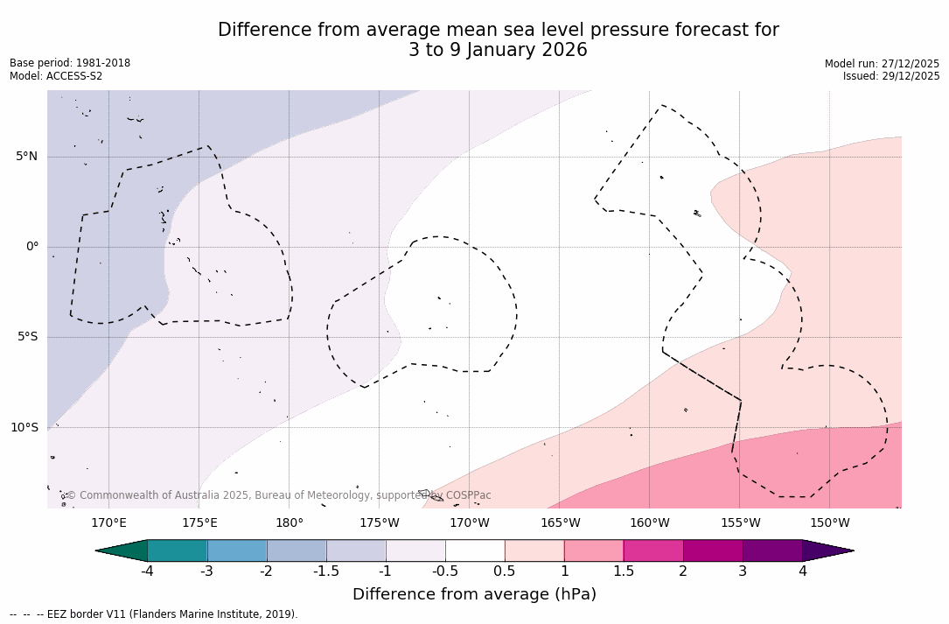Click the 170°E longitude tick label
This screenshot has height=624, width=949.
pyautogui.click(x=108, y=523)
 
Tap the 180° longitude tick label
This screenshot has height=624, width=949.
pyautogui.click(x=290, y=523)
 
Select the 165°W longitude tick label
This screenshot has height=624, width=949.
pyautogui.click(x=560, y=523)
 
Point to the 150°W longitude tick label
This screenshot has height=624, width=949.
pyautogui.click(x=829, y=523)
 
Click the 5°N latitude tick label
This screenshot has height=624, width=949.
pyautogui.click(x=27, y=157)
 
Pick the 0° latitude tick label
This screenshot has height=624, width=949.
pyautogui.click(x=32, y=247)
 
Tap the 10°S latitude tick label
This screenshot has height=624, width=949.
pyautogui.click(x=24, y=428)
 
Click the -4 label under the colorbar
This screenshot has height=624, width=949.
pyautogui.click(x=148, y=571)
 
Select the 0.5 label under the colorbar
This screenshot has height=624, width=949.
pyautogui.click(x=505, y=571)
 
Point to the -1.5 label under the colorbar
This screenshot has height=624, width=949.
pyautogui.click(x=326, y=571)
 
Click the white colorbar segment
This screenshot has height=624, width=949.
pyautogui.click(x=475, y=550)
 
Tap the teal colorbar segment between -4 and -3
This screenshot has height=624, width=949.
pyautogui.click(x=178, y=550)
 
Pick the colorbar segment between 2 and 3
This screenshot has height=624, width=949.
pyautogui.click(x=713, y=550)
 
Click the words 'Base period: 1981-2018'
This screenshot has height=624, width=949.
pyautogui.click(x=70, y=63)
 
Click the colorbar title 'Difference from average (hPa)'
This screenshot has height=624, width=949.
pyautogui.click(x=474, y=595)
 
